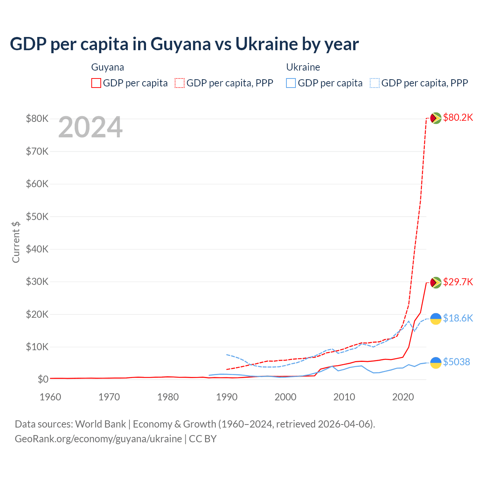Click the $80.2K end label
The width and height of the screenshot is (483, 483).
coord(458,118)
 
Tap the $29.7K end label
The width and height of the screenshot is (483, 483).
coord(458,282)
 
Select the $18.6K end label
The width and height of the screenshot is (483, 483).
coord(458,318)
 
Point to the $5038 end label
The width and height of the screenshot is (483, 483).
coord(456,362)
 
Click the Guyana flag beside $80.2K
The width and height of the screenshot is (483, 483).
coord(436,118)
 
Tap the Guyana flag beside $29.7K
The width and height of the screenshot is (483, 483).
coord(436,283)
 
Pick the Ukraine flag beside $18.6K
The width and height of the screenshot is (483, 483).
coord(436,319)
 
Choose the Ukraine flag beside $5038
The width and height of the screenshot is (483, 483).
coord(436,363)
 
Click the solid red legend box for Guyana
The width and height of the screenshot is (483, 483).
coord(96,83)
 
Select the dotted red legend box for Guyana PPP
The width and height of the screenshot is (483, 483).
coord(180,83)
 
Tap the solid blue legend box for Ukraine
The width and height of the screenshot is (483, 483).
coord(291,83)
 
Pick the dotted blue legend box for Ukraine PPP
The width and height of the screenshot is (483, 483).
coord(375,83)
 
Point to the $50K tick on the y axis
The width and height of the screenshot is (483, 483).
coord(37,217)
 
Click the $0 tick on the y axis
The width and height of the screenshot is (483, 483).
coord(43,380)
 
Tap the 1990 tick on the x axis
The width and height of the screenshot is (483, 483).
coord(227,397)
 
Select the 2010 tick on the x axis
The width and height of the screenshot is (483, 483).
coord(344,397)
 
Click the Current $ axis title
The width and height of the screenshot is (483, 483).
coord(16,242)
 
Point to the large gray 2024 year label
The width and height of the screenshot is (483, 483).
coord(90,128)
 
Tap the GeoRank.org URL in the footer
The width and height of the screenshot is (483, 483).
coord(98,439)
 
